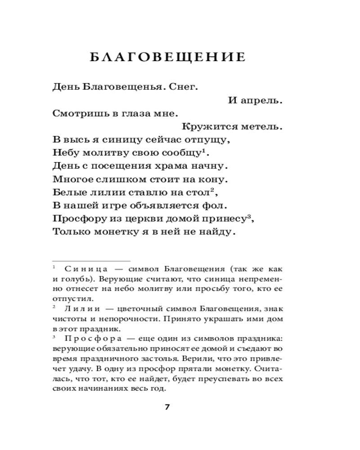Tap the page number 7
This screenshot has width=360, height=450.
click(167, 407)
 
